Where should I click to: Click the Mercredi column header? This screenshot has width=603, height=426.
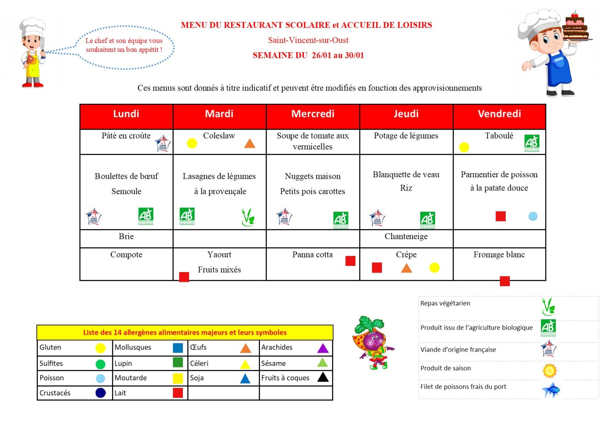(x=313, y=114)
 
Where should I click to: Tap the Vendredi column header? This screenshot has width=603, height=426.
(x=499, y=114)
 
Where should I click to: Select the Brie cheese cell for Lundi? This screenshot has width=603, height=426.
(x=126, y=237)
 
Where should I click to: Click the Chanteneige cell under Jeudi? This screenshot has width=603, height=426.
(x=406, y=237)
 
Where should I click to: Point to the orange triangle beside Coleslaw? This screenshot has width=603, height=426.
(x=250, y=143)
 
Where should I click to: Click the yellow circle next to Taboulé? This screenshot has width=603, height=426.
(x=464, y=147)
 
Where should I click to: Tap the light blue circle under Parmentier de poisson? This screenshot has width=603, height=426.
(x=533, y=216)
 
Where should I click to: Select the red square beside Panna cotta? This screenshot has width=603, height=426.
(x=350, y=261)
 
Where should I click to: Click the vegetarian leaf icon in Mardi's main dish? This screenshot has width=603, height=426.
(x=248, y=217)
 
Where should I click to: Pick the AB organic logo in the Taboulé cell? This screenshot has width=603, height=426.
(x=532, y=143)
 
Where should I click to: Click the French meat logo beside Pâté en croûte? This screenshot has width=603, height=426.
(x=163, y=143)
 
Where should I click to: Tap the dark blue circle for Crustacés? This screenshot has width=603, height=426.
(x=100, y=393)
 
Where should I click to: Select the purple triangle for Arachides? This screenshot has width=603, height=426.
(x=323, y=348)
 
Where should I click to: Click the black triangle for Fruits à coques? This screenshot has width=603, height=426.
(x=323, y=377)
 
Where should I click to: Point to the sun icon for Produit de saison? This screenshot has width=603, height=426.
(x=549, y=370)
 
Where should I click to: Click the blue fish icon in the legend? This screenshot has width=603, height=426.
(x=550, y=389)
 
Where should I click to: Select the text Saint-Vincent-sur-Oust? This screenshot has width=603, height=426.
(x=308, y=40)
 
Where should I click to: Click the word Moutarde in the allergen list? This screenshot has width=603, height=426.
(x=131, y=378)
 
